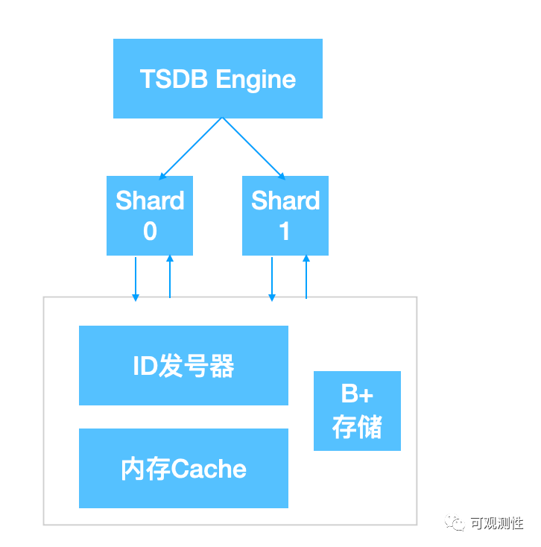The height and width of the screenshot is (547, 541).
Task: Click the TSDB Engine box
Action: (218, 78)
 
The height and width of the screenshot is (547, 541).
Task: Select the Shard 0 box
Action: (150, 215)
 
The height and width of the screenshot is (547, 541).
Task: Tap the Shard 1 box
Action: (285, 215)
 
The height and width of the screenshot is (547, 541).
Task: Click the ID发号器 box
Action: (183, 365)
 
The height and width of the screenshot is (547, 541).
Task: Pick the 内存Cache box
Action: (183, 468)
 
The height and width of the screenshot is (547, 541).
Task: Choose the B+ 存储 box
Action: (357, 411)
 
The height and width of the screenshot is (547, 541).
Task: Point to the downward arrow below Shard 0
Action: (136, 278)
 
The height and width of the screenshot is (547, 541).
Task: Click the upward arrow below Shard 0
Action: (170, 276)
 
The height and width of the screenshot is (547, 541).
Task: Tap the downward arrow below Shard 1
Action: (272, 278)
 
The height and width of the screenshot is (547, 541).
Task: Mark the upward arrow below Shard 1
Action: (306, 276)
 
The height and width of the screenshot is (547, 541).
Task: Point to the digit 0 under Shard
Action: (150, 232)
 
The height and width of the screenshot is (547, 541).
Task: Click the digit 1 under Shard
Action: (285, 232)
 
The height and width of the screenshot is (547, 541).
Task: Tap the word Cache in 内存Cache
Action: (209, 469)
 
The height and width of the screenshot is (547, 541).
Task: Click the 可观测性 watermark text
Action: (497, 523)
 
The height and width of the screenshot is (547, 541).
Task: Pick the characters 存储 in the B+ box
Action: (357, 427)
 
